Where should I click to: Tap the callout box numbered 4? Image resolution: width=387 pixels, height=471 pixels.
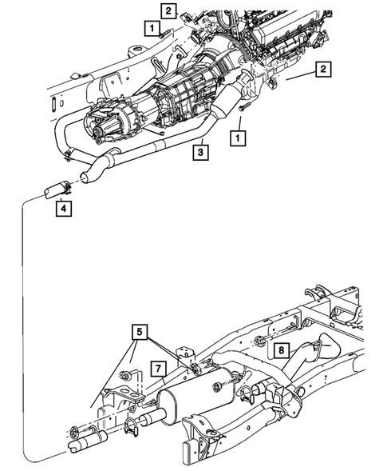(x=63, y=210)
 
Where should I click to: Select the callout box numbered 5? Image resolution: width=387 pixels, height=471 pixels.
(x=139, y=329)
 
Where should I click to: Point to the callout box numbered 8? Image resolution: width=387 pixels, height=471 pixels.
(x=281, y=349)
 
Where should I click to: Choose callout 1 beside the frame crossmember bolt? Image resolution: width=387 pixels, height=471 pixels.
(x=150, y=27)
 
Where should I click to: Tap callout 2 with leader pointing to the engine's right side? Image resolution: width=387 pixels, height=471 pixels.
(x=322, y=70)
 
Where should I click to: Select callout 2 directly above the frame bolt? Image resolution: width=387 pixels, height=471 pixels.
(x=168, y=10)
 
